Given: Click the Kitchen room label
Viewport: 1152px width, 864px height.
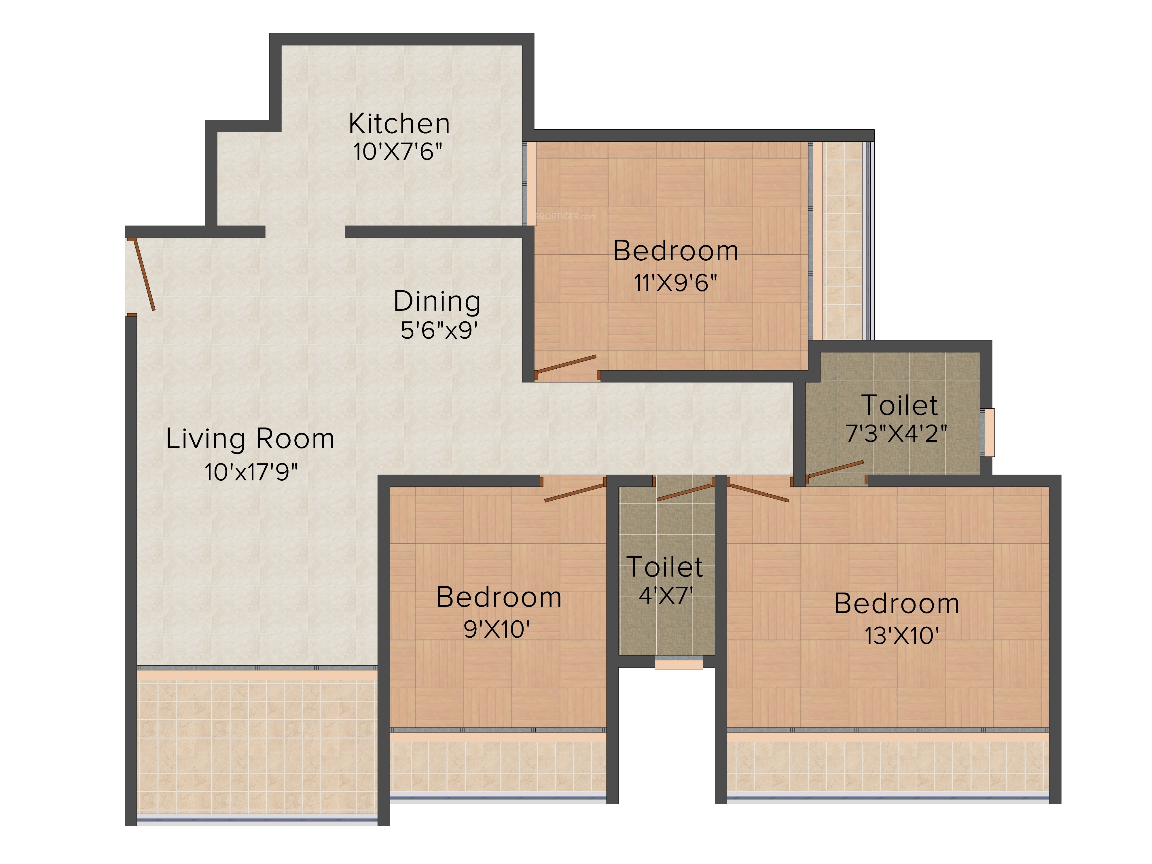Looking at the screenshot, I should [x=399, y=124].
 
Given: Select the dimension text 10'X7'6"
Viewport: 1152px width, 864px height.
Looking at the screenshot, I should [x=398, y=152].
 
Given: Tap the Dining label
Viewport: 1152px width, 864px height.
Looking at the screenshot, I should [x=437, y=302].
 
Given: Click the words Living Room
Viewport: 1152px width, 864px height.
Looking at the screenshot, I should [x=250, y=439].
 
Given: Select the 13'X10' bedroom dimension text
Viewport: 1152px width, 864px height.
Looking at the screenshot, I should [x=901, y=635].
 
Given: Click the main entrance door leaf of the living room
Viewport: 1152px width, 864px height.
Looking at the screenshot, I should [x=144, y=274].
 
